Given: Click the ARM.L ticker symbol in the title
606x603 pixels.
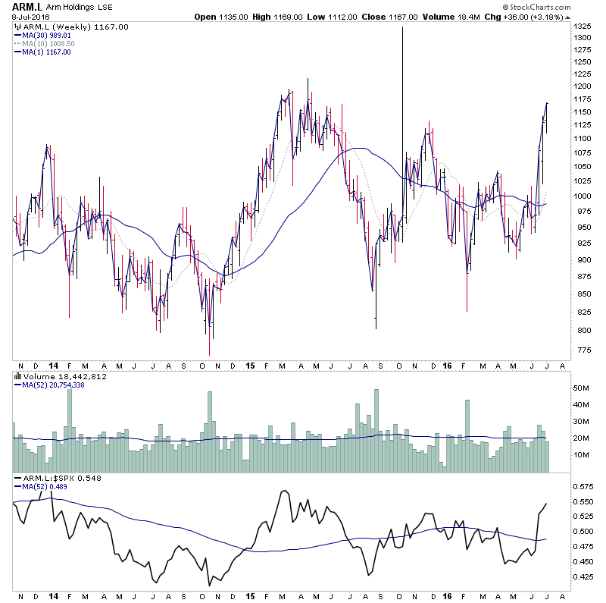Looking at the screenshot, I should click(x=28, y=7).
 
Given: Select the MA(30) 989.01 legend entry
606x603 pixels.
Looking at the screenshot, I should click(x=48, y=35).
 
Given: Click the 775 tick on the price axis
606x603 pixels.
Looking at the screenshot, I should click(x=581, y=350).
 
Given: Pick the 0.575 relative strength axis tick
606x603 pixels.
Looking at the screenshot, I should click(x=583, y=486).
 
